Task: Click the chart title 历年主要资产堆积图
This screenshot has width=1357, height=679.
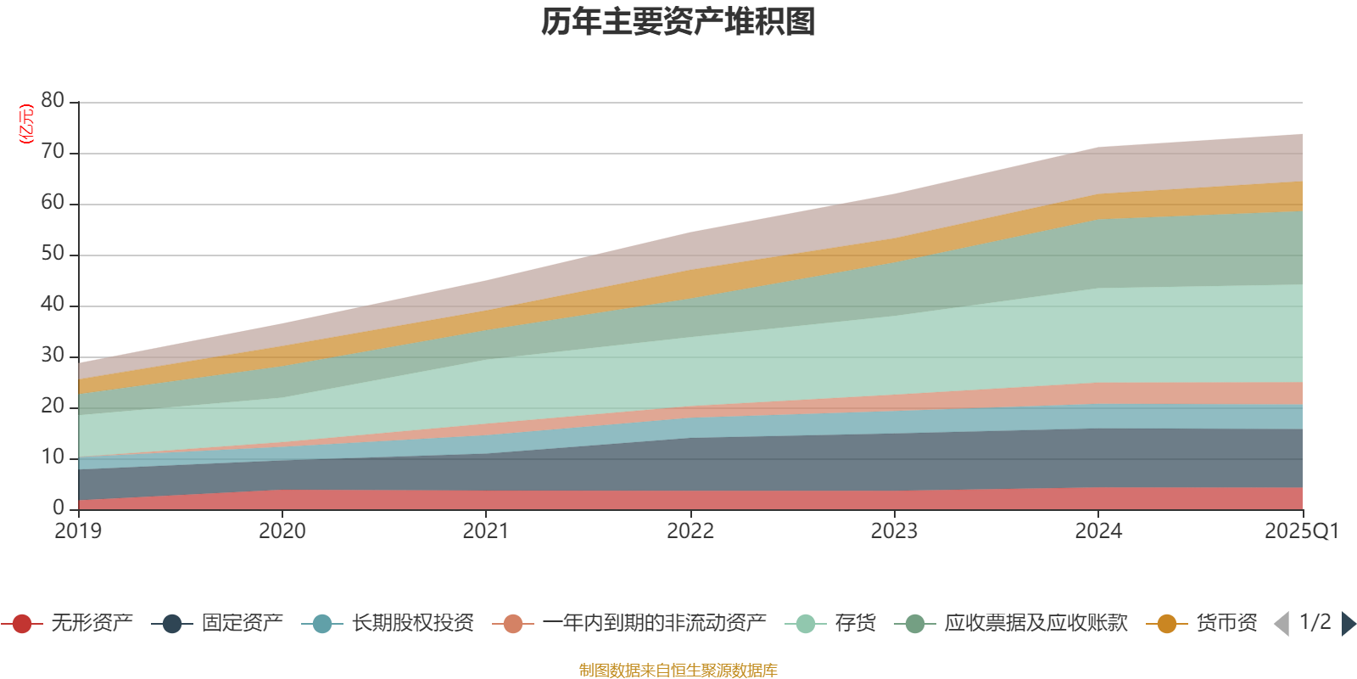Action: (678, 22)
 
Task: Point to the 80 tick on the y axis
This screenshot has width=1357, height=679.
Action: (53, 100)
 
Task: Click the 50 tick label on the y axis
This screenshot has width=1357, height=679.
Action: (53, 253)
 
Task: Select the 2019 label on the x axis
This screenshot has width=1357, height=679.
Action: (78, 531)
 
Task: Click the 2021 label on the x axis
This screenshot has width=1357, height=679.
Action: (485, 531)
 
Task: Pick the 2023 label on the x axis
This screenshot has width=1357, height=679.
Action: (894, 531)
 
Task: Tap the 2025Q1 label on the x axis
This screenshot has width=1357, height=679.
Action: (1301, 531)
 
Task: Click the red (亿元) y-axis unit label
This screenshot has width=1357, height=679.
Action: (26, 124)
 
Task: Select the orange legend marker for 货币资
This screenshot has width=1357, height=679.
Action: (1167, 624)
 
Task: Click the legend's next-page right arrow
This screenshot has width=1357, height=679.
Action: (1348, 624)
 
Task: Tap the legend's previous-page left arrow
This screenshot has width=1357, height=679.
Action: (1282, 624)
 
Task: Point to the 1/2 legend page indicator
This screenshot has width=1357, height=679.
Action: (1315, 622)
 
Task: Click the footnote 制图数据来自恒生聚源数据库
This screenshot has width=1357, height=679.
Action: (678, 671)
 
